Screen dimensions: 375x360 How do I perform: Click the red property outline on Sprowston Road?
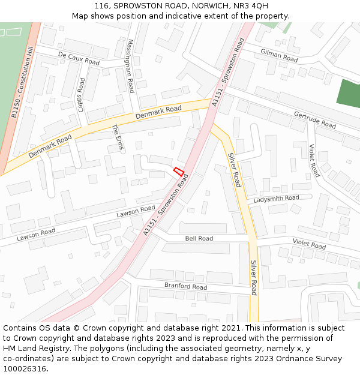click(x=178, y=172)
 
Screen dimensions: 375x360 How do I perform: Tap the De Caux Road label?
click(x=79, y=58)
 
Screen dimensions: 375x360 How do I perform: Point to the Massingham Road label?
click(x=131, y=66)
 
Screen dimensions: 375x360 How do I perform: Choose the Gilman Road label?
click(x=279, y=55)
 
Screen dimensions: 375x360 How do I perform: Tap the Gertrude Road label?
click(x=314, y=119)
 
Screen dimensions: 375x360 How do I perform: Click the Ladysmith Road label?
click(x=276, y=198)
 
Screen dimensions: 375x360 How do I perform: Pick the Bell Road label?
click(x=199, y=238)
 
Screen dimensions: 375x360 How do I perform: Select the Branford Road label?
click(x=185, y=286)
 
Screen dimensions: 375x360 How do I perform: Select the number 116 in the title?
click(x=102, y=5)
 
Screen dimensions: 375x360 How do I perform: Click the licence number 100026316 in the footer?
click(x=25, y=369)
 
